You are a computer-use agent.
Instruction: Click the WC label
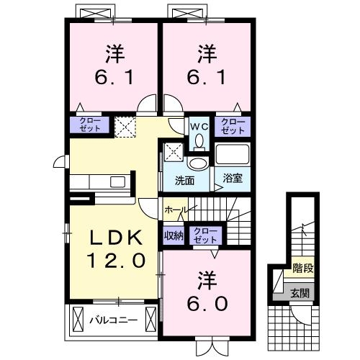199,125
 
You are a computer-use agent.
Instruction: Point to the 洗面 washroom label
184,180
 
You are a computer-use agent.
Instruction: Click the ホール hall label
176,210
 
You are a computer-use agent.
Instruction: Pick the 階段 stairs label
302,271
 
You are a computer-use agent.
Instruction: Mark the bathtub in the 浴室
232,155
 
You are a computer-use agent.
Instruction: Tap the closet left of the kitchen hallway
89,124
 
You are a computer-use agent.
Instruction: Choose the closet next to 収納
207,235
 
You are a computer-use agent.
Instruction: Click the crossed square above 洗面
174,152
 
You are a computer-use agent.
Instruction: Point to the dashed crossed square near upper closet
125,126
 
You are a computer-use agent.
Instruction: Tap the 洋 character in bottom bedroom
207,279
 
